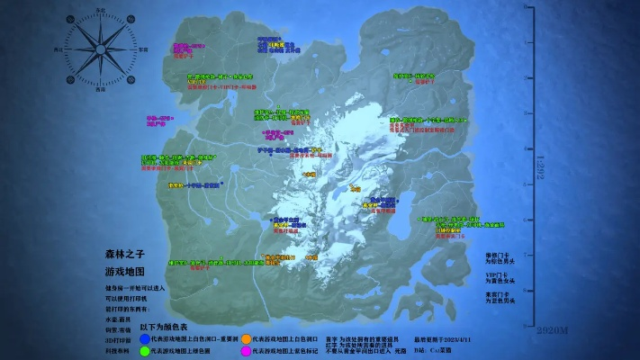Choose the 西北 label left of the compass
(59, 51)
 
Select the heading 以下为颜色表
(164, 328)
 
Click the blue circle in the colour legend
(144, 338)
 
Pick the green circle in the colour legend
(144, 350)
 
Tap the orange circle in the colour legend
(247, 338)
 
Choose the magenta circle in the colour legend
(247, 350)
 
